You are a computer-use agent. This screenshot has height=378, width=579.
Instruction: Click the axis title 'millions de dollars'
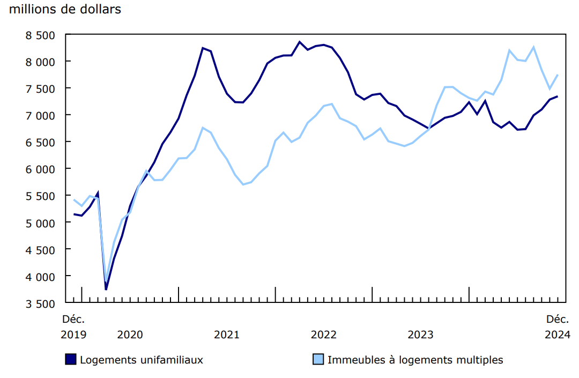65,10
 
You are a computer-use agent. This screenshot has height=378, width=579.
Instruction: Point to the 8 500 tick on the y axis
41,35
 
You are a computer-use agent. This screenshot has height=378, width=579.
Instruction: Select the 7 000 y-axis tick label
41,115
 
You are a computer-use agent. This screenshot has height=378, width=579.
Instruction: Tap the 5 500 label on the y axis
41,196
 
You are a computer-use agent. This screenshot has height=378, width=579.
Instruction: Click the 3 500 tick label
41,303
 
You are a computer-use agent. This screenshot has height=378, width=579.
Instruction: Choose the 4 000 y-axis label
41,276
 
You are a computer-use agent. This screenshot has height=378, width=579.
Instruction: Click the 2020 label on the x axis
130,335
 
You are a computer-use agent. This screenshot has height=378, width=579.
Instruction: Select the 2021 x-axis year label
227,335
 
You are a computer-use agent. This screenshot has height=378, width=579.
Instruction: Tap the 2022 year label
324,335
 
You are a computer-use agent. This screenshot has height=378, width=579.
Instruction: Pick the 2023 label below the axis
421,335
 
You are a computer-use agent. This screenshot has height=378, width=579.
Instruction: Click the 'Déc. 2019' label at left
73,327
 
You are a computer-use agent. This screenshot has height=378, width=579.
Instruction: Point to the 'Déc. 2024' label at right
558,327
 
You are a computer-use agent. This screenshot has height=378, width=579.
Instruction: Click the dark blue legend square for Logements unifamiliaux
70,360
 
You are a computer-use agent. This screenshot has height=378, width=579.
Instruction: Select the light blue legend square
318,360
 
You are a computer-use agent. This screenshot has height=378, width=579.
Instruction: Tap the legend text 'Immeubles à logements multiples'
415,360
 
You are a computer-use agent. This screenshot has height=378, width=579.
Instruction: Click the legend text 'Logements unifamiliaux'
142,360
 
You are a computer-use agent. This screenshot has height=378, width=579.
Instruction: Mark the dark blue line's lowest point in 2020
106,290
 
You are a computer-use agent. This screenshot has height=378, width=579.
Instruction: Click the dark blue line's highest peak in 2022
300,42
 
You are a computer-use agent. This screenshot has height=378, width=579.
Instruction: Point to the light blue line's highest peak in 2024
533,47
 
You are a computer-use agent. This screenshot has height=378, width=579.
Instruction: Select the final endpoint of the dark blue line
558,97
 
